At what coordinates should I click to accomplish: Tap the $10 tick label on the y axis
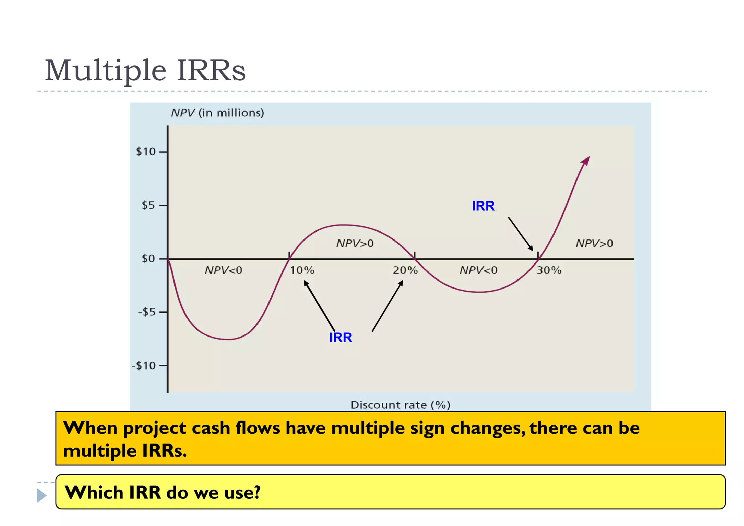tap(146, 152)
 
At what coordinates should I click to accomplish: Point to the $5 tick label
tap(148, 206)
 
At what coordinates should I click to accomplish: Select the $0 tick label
tap(148, 259)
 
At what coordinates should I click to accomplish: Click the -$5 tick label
tap(147, 312)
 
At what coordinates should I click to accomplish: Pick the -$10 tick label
tap(144, 365)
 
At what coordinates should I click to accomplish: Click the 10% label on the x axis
tap(302, 270)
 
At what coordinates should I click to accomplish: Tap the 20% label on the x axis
tap(405, 270)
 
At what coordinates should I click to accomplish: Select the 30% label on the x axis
tap(549, 270)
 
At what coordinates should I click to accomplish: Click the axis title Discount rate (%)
tap(400, 405)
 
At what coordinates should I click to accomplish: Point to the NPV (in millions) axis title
tap(217, 113)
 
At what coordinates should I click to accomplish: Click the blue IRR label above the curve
tap(483, 206)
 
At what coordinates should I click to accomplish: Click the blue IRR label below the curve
tap(340, 337)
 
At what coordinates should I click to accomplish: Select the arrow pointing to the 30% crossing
tap(521, 234)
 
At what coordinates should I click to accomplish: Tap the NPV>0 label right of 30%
tap(594, 243)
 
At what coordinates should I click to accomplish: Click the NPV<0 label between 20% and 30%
tap(478, 270)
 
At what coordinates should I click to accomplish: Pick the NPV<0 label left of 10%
tap(223, 270)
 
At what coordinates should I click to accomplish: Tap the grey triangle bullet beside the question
tap(41, 495)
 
